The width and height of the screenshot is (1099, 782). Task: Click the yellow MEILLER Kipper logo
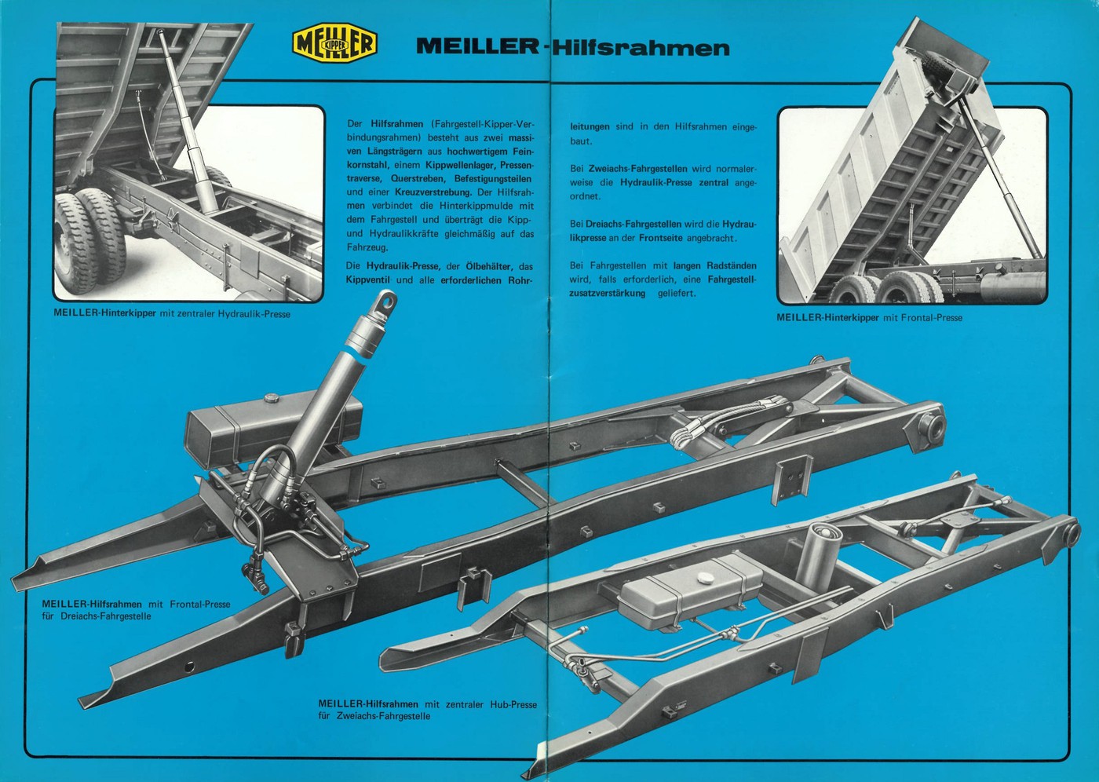(335, 44)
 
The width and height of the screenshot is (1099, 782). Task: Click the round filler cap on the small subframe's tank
(705, 577)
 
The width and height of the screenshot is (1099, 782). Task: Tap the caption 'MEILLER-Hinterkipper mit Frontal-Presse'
(869, 318)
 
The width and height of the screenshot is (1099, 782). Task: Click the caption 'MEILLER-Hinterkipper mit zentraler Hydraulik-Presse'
(172, 314)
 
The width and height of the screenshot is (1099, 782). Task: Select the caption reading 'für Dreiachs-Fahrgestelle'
(97, 616)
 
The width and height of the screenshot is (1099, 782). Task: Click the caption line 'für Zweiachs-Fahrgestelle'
(374, 716)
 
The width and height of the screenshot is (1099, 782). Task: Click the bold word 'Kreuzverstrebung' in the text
(433, 192)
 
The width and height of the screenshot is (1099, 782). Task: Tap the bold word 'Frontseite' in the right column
(660, 238)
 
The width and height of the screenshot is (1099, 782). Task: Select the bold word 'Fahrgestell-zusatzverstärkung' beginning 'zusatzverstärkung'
(607, 294)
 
